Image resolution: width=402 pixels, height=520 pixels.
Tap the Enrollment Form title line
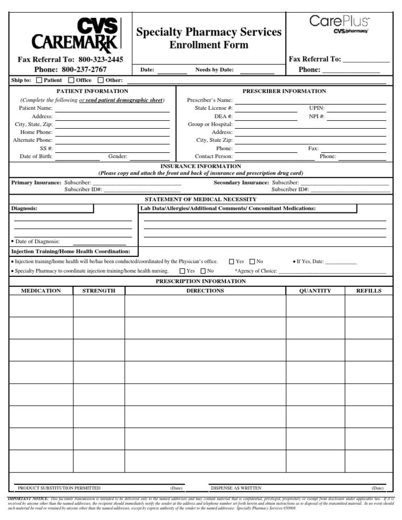pos(208,46)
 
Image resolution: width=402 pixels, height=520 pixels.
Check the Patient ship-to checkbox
pos(39,80)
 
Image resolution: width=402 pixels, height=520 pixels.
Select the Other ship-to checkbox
pos(100,80)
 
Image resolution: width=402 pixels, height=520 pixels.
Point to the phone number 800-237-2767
pos(84,70)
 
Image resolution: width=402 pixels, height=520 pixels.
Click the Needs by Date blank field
pos(256,70)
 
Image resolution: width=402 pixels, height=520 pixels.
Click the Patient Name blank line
pos(112,108)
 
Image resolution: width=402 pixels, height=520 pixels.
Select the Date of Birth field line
pos(77,156)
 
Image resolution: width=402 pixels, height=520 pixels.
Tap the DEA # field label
pos(224,116)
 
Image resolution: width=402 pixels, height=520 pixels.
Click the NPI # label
pos(317,116)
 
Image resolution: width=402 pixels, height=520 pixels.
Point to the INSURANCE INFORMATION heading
pos(200,166)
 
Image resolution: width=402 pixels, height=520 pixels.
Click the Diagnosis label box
pos(51,209)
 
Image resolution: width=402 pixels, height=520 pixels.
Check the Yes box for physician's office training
pos(232,261)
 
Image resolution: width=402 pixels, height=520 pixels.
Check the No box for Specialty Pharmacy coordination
pos(203,271)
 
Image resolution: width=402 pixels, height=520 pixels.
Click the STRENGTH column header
pos(98,291)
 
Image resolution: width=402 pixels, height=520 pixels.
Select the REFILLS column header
pos(368,291)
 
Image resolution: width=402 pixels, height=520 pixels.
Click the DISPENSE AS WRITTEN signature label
pos(236,488)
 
